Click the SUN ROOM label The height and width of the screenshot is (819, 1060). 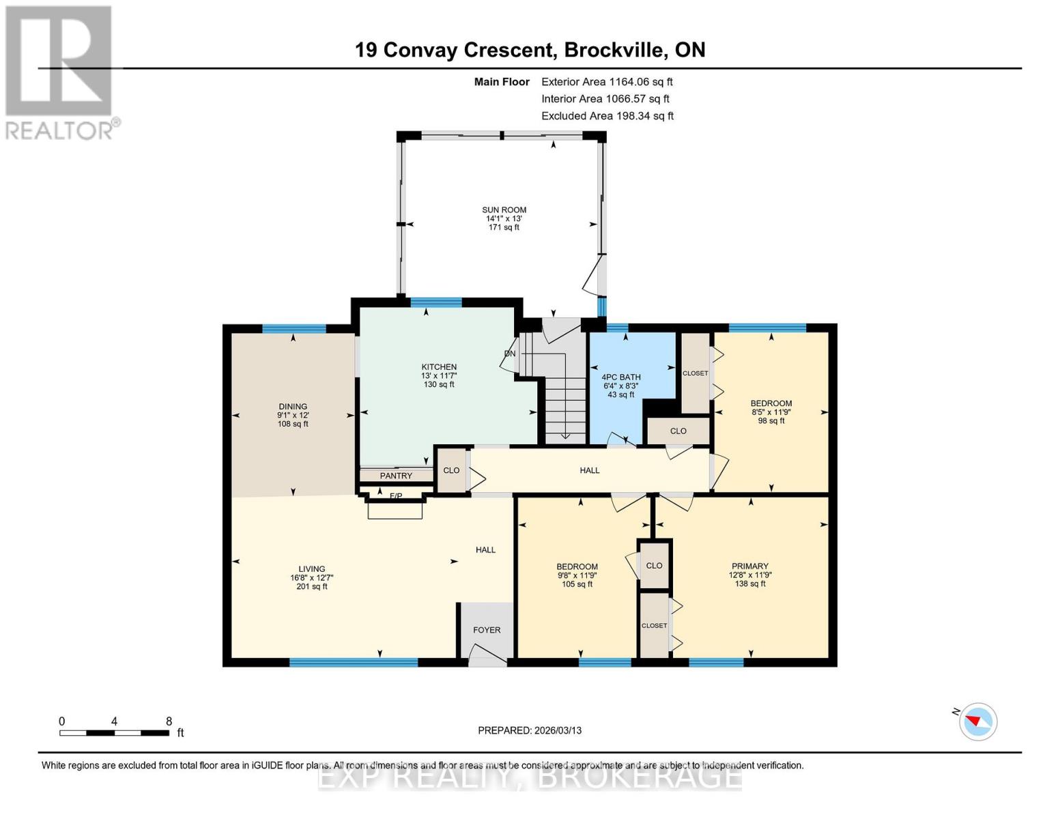[504, 210]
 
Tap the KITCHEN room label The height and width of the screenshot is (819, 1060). [439, 367]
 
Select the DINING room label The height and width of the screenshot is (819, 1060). [293, 406]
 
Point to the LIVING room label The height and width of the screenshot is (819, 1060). [312, 569]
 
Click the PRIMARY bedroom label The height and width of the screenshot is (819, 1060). [749, 566]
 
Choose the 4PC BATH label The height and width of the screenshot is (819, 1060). [621, 377]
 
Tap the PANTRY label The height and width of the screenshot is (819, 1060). [396, 476]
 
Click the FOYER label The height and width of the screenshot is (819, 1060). [487, 630]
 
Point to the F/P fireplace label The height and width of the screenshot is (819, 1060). [396, 495]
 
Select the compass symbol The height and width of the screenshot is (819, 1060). [978, 721]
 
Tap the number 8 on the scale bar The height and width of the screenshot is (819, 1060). [169, 721]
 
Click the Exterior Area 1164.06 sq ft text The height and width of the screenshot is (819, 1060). [607, 82]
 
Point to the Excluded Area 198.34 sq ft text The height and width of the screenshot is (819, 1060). [607, 116]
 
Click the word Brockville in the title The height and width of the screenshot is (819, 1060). [616, 50]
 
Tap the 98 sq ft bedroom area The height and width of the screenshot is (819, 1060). [771, 420]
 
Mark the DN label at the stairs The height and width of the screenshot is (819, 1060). [510, 353]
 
